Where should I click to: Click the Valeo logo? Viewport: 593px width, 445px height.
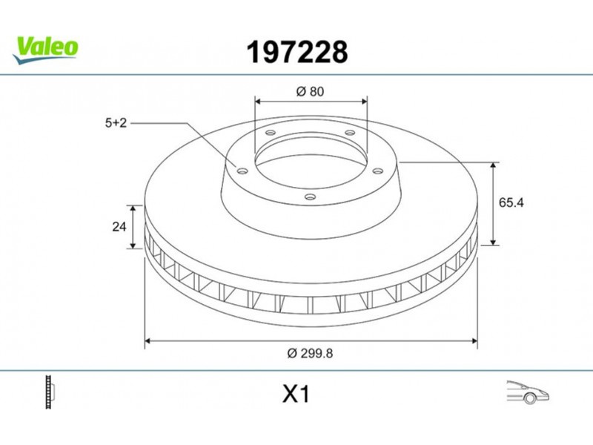tap(45, 50)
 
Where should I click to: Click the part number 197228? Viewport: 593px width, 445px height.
tap(297, 52)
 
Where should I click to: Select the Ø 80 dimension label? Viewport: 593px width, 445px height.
tap(310, 91)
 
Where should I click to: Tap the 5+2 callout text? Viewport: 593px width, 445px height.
tap(116, 123)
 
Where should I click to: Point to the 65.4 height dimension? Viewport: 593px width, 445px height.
tap(511, 202)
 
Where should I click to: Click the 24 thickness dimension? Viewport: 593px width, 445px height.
tap(119, 227)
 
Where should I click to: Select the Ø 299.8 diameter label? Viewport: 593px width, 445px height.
tap(310, 353)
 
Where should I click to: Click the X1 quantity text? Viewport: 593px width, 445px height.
tap(296, 394)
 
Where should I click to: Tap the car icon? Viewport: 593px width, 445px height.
tap(528, 392)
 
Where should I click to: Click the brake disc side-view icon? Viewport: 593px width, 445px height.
tap(50, 392)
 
